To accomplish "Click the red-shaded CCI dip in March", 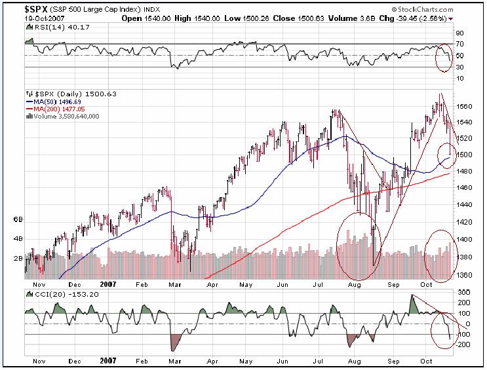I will coord(175,341).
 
